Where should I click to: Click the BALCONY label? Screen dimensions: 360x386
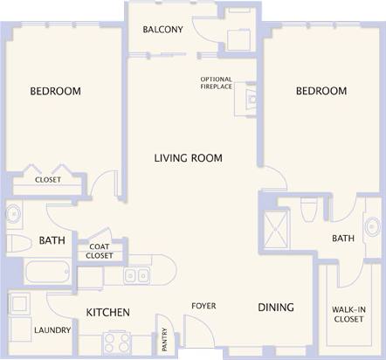point(162,30)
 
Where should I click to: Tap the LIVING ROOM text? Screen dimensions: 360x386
point(188,158)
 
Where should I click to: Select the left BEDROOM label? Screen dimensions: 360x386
point(55,92)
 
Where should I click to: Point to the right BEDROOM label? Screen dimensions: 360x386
point(321,91)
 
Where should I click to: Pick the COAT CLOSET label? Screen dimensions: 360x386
point(100,252)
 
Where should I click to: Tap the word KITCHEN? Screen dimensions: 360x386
point(107,312)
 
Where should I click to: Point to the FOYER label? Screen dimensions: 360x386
point(204,306)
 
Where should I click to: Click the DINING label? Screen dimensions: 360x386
point(275,308)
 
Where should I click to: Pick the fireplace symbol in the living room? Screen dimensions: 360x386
point(251,100)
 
